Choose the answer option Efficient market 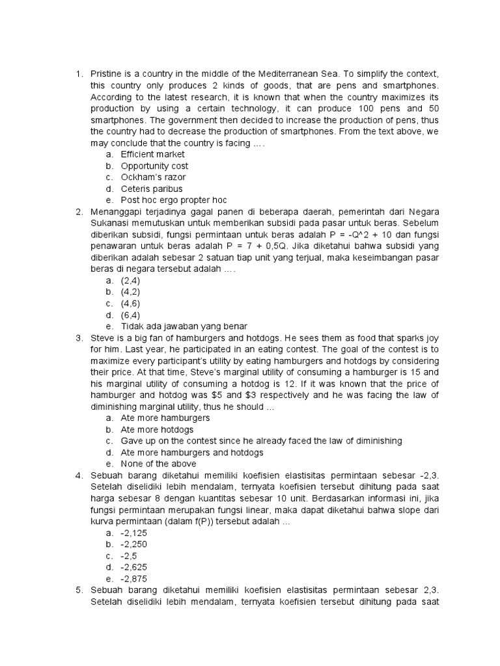point(152,154)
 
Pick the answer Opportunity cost point(154,166)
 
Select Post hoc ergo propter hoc point(173,200)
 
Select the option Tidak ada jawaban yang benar point(184,326)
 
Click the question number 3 point(78,338)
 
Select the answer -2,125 point(135,533)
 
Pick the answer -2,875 point(135,579)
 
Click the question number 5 point(78,590)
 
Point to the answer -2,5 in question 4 point(131,556)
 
